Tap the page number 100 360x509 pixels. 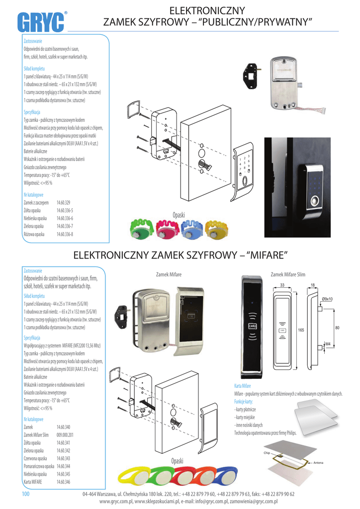coord(26,494)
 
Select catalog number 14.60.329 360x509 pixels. coord(64,203)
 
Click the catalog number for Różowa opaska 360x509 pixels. coord(65,234)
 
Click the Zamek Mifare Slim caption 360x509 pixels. coord(288,274)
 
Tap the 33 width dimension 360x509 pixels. coord(282,285)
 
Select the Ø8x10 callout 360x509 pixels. coord(327,298)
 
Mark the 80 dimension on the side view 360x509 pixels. coord(337,328)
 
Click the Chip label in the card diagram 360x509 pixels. coord(267,453)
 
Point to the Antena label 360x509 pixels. coord(318,463)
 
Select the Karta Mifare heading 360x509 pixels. coord(242,386)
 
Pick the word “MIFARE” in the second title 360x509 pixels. coord(268,255)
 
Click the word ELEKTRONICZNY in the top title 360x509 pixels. coord(207,10)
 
